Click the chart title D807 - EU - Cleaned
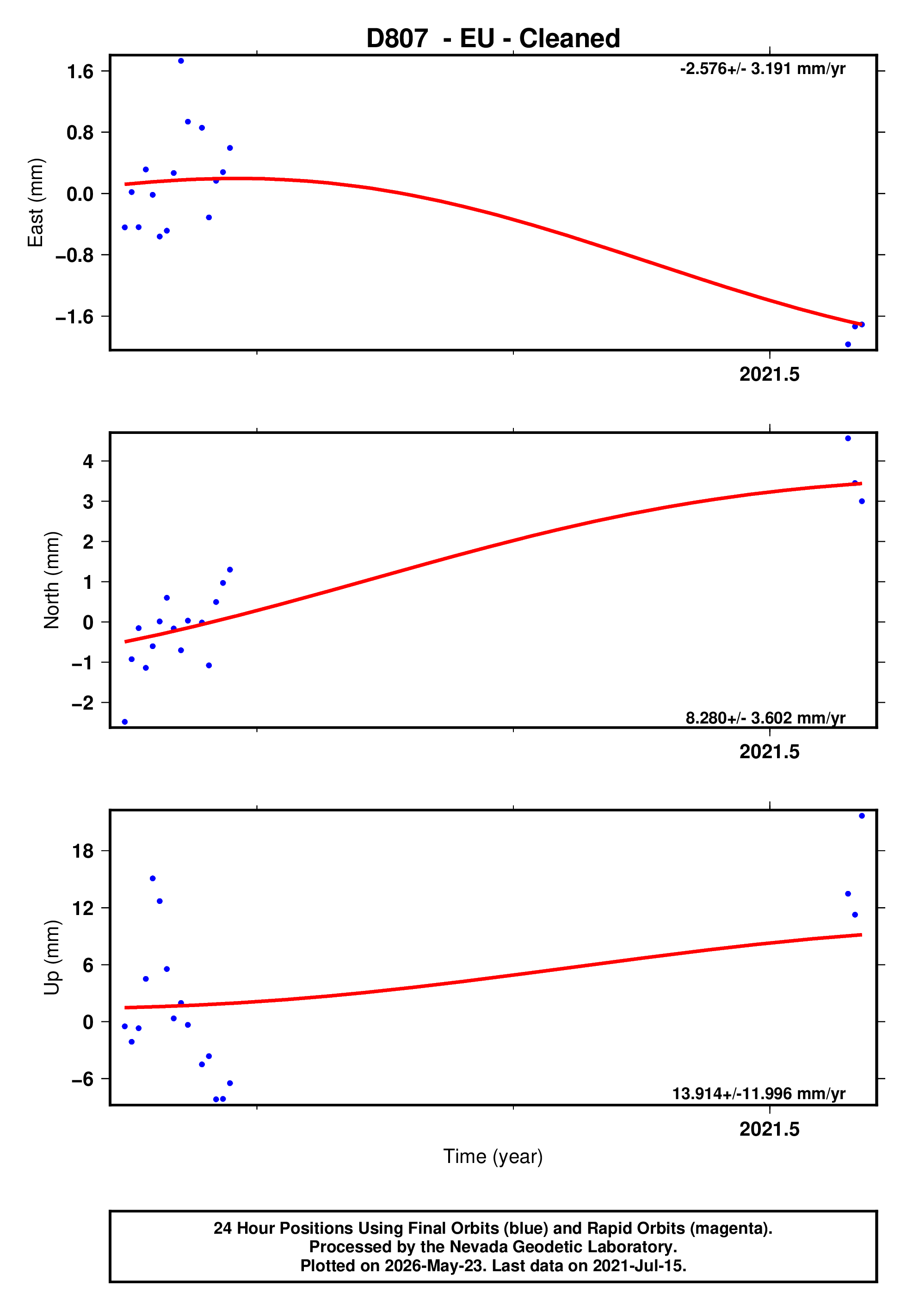pyautogui.click(x=493, y=38)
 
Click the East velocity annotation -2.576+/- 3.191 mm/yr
pyautogui.click(x=762, y=69)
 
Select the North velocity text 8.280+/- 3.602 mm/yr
pyautogui.click(x=765, y=718)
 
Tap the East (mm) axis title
pyautogui.click(x=36, y=203)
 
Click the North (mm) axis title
pyautogui.click(x=52, y=580)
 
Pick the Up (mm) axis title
pyautogui.click(x=52, y=958)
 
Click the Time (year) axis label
pyautogui.click(x=493, y=1156)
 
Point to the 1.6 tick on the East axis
pyautogui.click(x=80, y=71)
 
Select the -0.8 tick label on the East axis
pyautogui.click(x=74, y=255)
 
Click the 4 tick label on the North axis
pyautogui.click(x=88, y=461)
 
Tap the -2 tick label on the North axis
pyautogui.click(x=82, y=703)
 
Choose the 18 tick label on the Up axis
pyautogui.click(x=83, y=851)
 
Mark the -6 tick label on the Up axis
pyautogui.click(x=82, y=1079)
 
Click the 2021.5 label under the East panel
pyautogui.click(x=769, y=375)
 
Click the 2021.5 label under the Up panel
pyautogui.click(x=769, y=1129)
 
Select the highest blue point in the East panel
pyautogui.click(x=181, y=61)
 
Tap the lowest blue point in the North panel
pyautogui.click(x=125, y=722)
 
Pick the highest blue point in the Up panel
pyautogui.click(x=862, y=816)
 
